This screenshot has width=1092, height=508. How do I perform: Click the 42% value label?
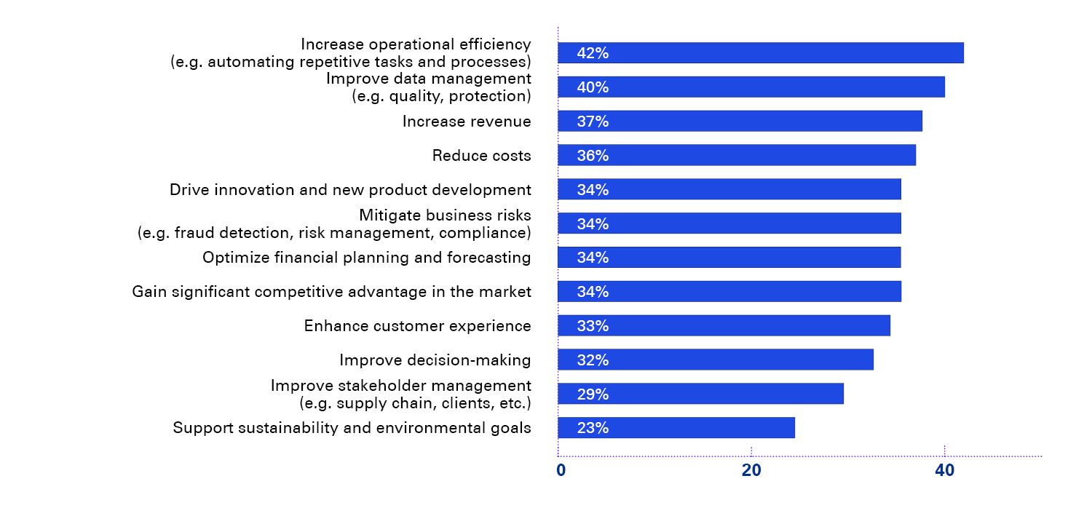pyautogui.click(x=592, y=53)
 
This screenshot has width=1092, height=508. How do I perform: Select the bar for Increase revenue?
pyautogui.click(x=740, y=121)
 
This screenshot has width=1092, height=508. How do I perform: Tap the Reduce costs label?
pyautogui.click(x=481, y=156)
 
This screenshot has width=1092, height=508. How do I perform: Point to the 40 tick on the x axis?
pyautogui.click(x=944, y=471)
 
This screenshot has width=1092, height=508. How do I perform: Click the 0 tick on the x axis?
pyautogui.click(x=561, y=471)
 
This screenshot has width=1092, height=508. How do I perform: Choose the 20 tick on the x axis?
pyautogui.click(x=751, y=471)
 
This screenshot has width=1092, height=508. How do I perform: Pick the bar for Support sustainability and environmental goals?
pyautogui.click(x=676, y=428)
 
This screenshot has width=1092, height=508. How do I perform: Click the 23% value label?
pyautogui.click(x=592, y=428)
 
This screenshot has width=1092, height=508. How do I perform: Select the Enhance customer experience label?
pyautogui.click(x=417, y=326)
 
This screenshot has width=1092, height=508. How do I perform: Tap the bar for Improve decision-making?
pyautogui.click(x=715, y=360)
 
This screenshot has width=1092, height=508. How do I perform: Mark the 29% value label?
pyautogui.click(x=592, y=394)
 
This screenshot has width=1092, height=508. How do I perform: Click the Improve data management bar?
pyautogui.click(x=751, y=87)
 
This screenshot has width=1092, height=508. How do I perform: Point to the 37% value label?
pyautogui.click(x=592, y=122)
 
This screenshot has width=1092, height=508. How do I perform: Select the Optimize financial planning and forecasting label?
pyautogui.click(x=366, y=258)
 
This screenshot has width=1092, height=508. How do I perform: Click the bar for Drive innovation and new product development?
pyautogui.click(x=729, y=189)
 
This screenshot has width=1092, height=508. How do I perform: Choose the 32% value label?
pyautogui.click(x=592, y=360)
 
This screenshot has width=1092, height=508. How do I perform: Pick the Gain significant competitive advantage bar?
pyautogui.click(x=729, y=291)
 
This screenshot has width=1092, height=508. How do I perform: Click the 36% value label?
pyautogui.click(x=592, y=156)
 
